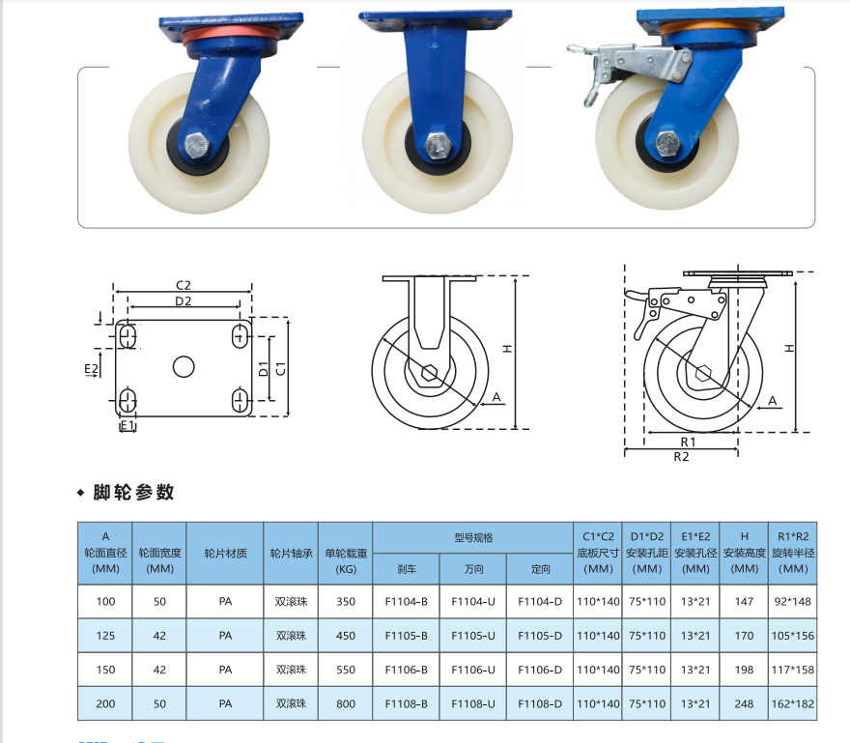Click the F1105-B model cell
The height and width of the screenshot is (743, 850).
tap(406, 636)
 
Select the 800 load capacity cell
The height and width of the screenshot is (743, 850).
tap(346, 704)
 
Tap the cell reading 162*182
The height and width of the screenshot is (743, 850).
tap(793, 704)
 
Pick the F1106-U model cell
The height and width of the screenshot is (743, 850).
tap(473, 670)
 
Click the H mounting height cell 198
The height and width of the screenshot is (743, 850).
tap(745, 670)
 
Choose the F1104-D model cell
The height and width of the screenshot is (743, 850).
tap(540, 601)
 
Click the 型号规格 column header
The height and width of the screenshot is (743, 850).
tap(473, 538)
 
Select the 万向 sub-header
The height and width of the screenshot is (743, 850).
tap(473, 569)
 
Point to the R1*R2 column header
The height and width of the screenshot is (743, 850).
tap(793, 553)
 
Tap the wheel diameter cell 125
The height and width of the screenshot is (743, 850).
tap(105, 636)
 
